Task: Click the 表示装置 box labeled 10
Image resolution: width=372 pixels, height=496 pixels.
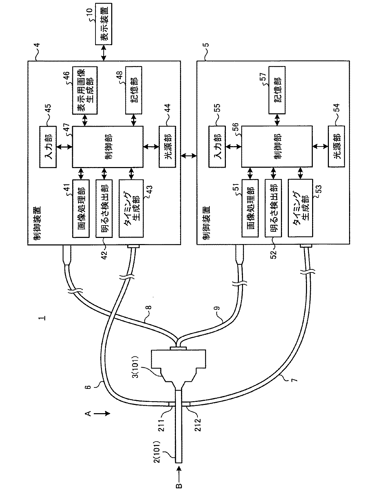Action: click(104, 24)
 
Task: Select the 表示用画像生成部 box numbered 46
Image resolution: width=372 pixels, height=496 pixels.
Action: click(85, 90)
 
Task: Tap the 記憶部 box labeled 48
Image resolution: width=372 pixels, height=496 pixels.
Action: click(134, 90)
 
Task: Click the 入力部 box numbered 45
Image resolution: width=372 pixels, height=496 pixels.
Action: click(48, 147)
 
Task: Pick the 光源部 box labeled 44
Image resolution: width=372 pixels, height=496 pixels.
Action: click(167, 147)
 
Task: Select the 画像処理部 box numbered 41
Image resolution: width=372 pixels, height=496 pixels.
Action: click(81, 208)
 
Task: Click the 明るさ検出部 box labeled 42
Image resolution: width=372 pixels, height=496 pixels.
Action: click(104, 208)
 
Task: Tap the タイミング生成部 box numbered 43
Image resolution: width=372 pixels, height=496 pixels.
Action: click(131, 208)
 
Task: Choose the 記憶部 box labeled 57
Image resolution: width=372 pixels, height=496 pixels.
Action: click(277, 90)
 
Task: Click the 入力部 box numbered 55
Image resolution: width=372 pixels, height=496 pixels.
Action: click(217, 147)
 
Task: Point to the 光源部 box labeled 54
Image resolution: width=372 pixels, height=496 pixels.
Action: click(336, 147)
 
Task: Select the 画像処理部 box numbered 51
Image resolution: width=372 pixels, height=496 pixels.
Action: click(250, 208)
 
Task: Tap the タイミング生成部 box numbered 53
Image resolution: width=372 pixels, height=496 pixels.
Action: click(300, 208)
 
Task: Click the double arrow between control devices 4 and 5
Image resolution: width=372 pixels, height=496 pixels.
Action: click(189, 155)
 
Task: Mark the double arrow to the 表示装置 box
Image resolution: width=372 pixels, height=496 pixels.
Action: click(104, 53)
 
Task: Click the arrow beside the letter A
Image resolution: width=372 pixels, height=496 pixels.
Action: click(102, 414)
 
